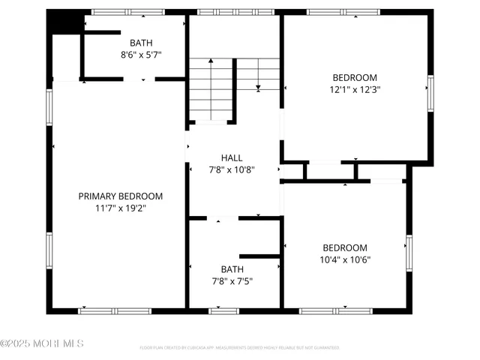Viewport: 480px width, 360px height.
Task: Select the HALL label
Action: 232,157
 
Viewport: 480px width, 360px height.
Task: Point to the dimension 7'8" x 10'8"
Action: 232,169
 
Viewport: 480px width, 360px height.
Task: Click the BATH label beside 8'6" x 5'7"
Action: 140,43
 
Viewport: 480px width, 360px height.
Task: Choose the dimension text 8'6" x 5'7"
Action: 140,55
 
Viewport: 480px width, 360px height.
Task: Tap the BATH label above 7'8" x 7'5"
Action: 232,269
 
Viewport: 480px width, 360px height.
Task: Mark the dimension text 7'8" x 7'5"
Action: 232,281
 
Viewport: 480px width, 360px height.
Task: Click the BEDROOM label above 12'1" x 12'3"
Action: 355,77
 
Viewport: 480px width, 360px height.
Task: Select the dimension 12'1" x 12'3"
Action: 355,89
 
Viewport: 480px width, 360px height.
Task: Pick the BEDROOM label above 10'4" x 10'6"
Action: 345,248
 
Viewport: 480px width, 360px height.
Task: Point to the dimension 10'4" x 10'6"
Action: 345,260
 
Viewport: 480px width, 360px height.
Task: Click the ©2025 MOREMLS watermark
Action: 42,343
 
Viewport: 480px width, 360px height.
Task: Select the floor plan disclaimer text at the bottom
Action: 239,348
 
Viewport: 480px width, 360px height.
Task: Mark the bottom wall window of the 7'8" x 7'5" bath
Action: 223,310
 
